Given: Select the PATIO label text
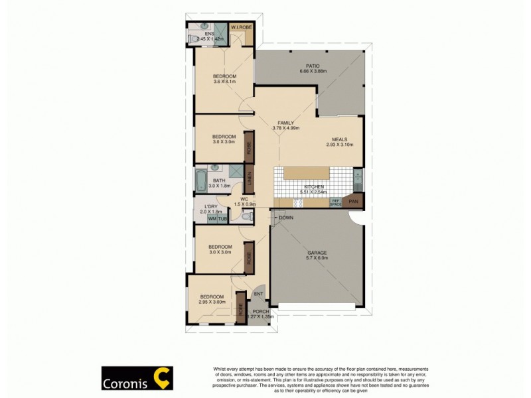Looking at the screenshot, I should pyautogui.click(x=313, y=66).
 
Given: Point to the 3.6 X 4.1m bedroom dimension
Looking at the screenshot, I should pyautogui.click(x=224, y=82).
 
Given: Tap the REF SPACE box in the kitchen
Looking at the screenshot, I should pyautogui.click(x=336, y=202).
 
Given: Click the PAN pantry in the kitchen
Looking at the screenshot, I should pyautogui.click(x=354, y=201).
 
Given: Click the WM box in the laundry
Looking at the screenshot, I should pyautogui.click(x=212, y=218).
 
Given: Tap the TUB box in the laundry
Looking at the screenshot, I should pyautogui.click(x=223, y=218).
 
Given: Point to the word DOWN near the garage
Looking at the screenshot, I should pyautogui.click(x=286, y=218).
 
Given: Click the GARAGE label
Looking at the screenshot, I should pyautogui.click(x=317, y=253).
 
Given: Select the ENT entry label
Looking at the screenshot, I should pyautogui.click(x=258, y=294).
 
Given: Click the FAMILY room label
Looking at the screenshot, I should pyautogui.click(x=287, y=123).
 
